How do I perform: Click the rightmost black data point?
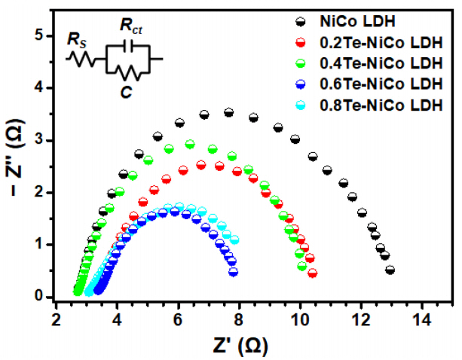390,270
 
